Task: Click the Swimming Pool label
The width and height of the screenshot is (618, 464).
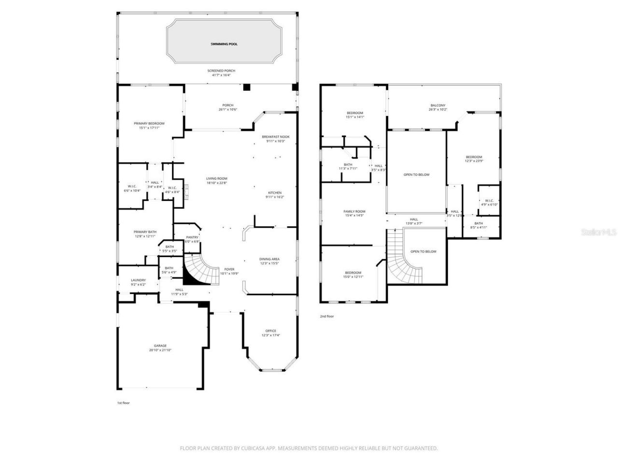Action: pos(224,44)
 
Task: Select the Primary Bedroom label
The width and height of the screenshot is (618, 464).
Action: pos(149,123)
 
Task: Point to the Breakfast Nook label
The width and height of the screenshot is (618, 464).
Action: pos(276,137)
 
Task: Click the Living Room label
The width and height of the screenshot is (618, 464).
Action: pos(217,178)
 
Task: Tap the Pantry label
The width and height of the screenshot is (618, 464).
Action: pos(192,237)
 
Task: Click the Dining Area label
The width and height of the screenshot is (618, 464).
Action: pos(269,259)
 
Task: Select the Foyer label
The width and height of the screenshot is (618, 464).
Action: pos(229,269)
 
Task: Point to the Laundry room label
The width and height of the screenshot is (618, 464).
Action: pos(138,280)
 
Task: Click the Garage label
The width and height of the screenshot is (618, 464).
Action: pos(160,346)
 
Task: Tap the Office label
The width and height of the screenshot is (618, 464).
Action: pos(271,331)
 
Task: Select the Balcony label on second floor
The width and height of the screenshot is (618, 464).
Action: pos(438,105)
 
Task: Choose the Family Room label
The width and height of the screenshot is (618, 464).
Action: pos(354,211)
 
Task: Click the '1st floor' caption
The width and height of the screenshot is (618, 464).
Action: pos(123,403)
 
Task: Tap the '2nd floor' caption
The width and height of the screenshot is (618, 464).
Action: pos(327,317)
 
